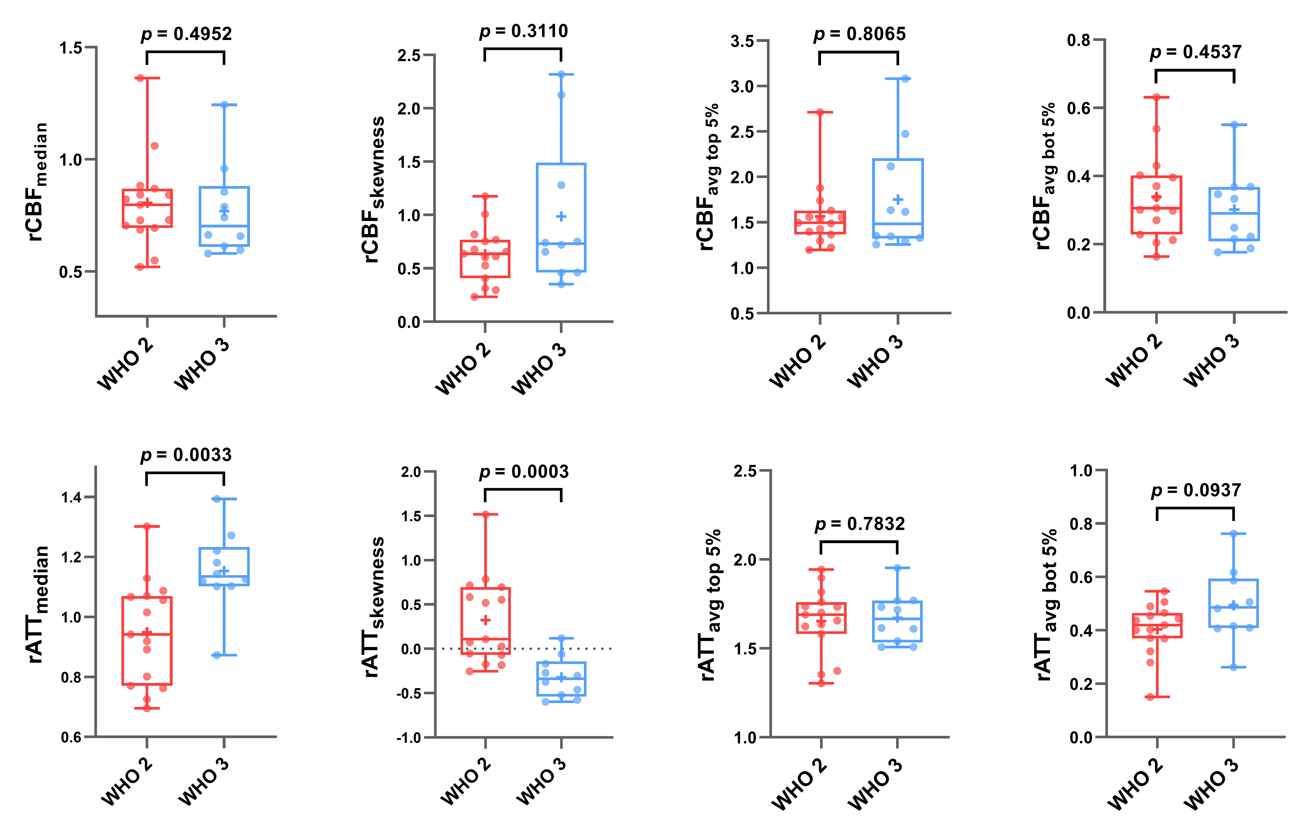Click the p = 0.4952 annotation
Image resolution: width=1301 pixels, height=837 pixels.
pos(186,34)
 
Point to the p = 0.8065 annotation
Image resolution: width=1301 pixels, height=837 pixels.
pos(859,34)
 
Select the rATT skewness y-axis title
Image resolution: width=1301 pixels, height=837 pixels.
pos(374,607)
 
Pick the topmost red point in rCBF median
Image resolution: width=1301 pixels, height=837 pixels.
pos(140,78)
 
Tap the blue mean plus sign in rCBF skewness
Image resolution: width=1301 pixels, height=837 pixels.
pos(561,216)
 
